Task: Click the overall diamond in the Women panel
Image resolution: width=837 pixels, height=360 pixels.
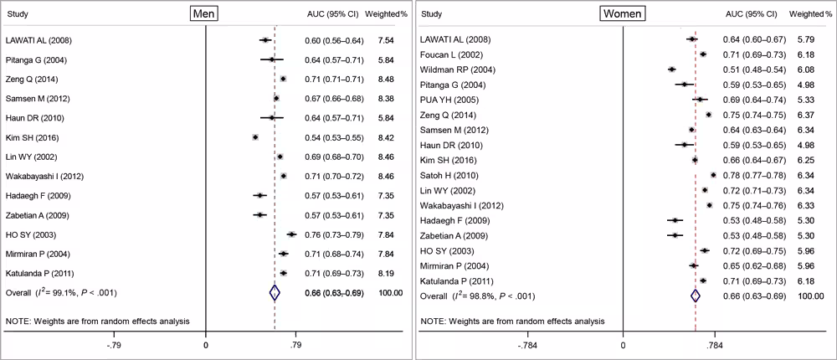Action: click(x=695, y=296)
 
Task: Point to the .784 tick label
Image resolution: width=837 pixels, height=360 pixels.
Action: click(x=715, y=344)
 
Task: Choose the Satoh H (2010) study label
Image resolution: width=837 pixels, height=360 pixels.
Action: click(x=450, y=175)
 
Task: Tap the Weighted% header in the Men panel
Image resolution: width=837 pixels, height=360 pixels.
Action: click(x=384, y=14)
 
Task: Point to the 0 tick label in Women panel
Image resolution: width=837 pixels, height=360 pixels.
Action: click(x=622, y=344)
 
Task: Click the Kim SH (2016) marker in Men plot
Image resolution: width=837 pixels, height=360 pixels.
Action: click(x=255, y=137)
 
